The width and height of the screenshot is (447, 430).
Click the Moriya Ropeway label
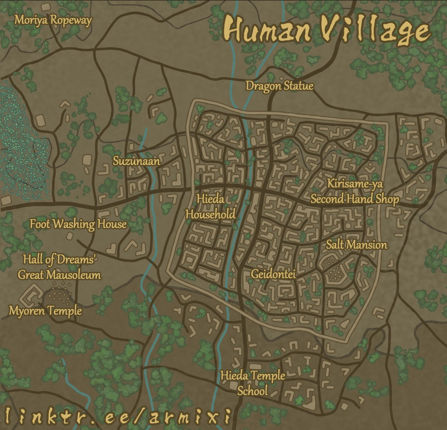pyautogui.click(x=53, y=20)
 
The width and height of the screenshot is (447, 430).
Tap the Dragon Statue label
pyautogui.click(x=279, y=86)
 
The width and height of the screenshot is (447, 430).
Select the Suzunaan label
pyautogui.click(x=136, y=161)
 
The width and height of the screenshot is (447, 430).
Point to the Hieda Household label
pyautogui.click(x=210, y=207)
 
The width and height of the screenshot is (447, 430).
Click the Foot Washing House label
pyautogui.click(x=78, y=224)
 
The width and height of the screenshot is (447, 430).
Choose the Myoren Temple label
pyautogui.click(x=45, y=311)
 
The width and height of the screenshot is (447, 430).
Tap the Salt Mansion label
pyautogui.click(x=356, y=245)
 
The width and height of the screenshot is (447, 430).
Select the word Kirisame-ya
pyautogui.click(x=355, y=183)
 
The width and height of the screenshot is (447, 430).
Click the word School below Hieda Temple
pyautogui.click(x=252, y=391)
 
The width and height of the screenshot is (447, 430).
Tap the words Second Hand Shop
pyautogui.click(x=355, y=199)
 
